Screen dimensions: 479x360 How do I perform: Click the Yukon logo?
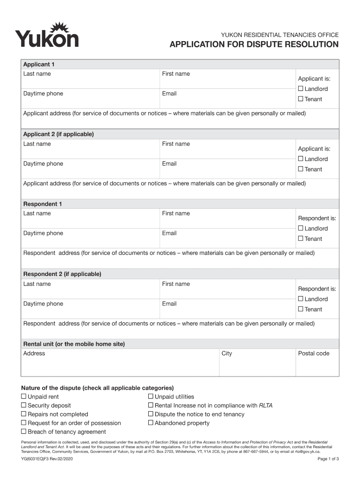(x=47, y=35)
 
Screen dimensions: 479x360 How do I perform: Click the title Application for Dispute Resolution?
(x=254, y=44)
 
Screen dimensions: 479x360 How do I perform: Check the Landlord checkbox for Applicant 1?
(x=301, y=89)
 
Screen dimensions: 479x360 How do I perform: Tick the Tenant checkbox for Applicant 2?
(x=301, y=169)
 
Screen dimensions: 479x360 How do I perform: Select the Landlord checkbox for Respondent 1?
(x=301, y=229)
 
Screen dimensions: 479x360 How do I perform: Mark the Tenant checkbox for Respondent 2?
(x=301, y=309)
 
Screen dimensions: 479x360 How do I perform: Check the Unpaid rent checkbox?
(x=24, y=397)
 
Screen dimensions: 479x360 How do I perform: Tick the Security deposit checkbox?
(x=24, y=406)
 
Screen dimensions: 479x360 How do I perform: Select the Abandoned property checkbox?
(x=151, y=423)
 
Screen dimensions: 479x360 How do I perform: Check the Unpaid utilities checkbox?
(x=151, y=397)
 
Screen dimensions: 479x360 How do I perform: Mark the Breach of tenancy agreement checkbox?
(x=24, y=432)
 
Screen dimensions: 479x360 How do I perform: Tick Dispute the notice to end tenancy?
(x=151, y=414)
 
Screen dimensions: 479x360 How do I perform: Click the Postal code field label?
(x=314, y=354)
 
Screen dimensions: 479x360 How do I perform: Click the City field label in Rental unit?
(x=227, y=354)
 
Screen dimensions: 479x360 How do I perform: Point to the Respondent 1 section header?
(x=43, y=204)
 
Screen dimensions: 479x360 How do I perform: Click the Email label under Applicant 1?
(x=169, y=94)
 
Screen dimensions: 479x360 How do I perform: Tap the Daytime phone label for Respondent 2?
(x=43, y=304)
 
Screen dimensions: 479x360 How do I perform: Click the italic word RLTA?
(x=266, y=406)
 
